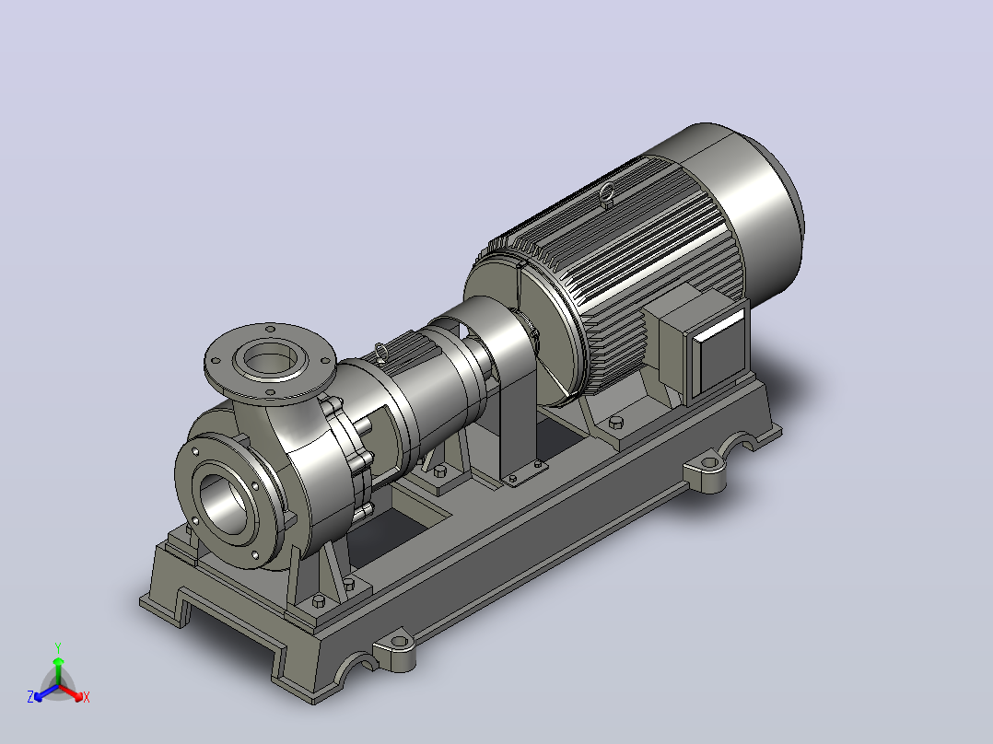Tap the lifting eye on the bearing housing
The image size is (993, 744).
[x=380, y=350]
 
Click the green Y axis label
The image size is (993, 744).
[x=58, y=648]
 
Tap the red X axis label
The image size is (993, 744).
[x=87, y=697]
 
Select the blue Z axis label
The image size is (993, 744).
[x=30, y=697]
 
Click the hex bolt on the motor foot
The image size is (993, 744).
[x=615, y=423]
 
